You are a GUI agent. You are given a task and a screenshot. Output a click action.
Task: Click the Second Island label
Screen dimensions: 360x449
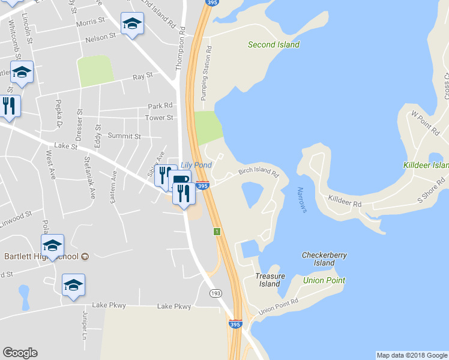(274, 44)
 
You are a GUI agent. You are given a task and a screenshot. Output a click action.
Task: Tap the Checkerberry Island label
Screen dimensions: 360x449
(324, 259)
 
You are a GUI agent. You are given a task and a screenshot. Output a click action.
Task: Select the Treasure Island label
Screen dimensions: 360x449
(270, 280)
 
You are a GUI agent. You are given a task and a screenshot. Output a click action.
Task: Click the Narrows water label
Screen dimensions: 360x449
(302, 200)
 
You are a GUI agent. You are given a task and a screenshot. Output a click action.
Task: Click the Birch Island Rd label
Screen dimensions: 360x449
(259, 172)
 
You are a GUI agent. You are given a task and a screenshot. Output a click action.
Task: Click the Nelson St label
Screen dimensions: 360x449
(101, 37)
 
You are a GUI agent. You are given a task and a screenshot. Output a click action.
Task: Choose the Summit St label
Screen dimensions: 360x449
(124, 136)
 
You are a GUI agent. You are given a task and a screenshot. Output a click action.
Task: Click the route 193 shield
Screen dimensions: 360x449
(216, 293)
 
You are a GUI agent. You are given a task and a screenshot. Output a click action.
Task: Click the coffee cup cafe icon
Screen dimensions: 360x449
(181, 179)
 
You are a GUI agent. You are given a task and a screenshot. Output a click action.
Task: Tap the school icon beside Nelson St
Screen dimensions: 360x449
(132, 24)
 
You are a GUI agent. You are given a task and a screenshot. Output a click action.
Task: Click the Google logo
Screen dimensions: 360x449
(20, 353)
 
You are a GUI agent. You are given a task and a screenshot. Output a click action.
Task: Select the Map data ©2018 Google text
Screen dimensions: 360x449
(411, 355)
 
